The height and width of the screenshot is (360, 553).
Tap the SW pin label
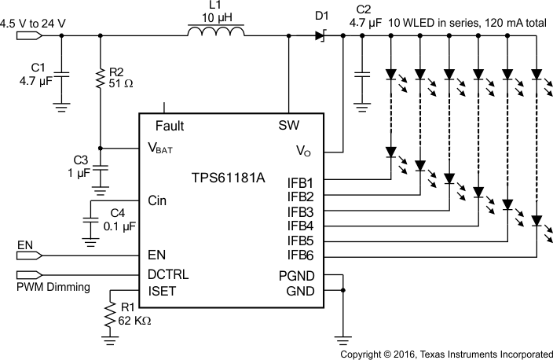[x=288, y=126]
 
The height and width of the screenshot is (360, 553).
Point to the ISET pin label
[x=163, y=291]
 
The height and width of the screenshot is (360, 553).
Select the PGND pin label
[x=295, y=276]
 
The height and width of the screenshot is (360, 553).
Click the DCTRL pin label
[x=168, y=274]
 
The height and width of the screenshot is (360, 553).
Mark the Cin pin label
[x=157, y=200]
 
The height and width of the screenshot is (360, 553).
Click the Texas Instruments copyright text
[x=445, y=354]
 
